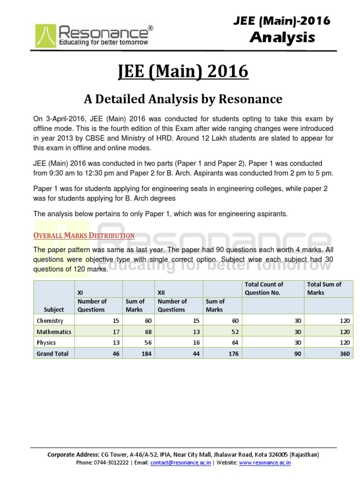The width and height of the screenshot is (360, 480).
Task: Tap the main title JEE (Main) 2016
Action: point(183,73)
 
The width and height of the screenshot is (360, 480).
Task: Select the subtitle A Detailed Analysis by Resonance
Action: point(183,99)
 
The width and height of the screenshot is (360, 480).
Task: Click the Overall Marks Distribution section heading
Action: point(84,235)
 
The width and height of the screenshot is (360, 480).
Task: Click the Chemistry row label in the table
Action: point(50,321)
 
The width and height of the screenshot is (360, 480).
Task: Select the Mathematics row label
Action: point(54,332)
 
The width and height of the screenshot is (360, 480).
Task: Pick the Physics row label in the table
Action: point(46,343)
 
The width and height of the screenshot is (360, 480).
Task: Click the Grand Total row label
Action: point(52,353)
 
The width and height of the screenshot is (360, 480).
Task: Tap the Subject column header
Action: point(54,309)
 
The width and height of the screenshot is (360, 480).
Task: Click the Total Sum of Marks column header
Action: point(324,288)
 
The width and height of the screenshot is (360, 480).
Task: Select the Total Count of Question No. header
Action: point(264,288)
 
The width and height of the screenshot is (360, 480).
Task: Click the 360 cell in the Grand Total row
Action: point(345,353)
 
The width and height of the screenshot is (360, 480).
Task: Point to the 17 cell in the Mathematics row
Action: point(115,332)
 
